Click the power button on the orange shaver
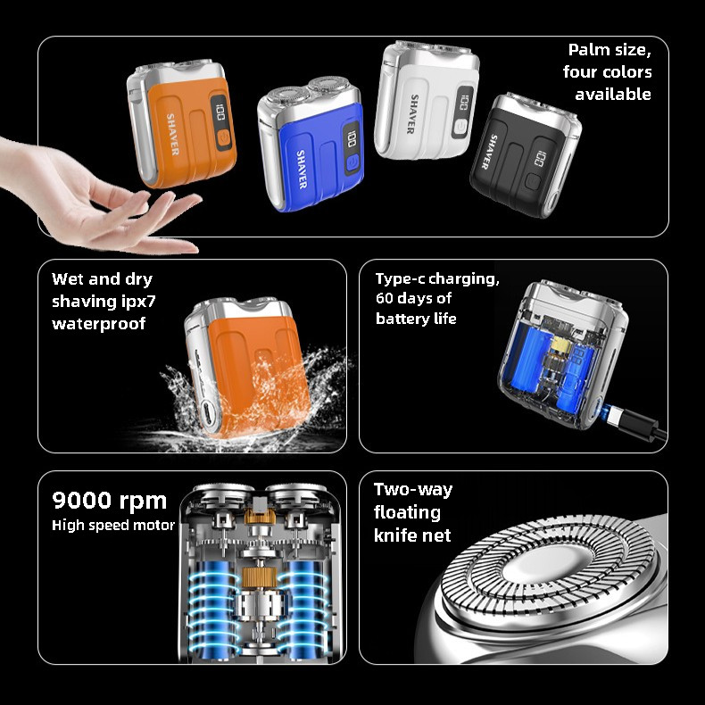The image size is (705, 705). [223, 138]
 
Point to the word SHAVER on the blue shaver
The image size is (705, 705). [302, 169]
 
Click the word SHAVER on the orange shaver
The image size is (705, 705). [172, 134]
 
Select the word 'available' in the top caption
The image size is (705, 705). [613, 94]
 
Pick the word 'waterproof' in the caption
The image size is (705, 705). [98, 324]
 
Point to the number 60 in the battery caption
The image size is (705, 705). [385, 298]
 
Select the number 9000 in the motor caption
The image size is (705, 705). [81, 500]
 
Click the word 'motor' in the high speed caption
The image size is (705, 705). [157, 525]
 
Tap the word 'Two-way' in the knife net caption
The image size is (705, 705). [413, 490]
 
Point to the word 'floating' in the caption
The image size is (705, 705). [407, 512]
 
